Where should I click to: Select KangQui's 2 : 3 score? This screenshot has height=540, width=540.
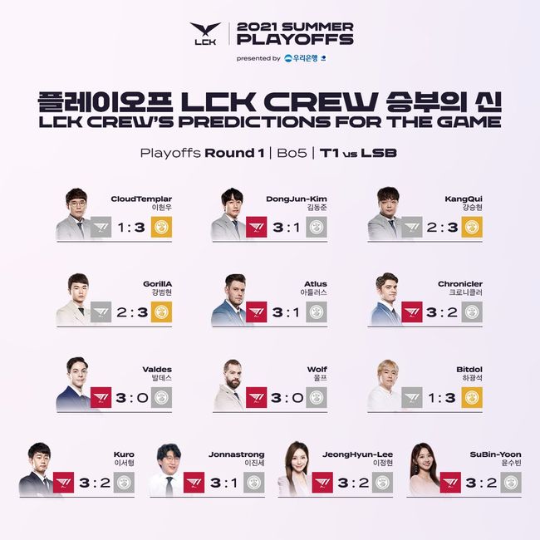click(x=442, y=227)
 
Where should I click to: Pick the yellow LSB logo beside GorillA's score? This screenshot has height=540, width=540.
click(x=161, y=312)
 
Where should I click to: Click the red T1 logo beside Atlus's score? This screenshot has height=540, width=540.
click(x=257, y=312)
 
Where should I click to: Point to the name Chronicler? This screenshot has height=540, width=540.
click(x=461, y=283)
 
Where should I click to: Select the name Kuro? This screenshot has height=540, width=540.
click(x=123, y=454)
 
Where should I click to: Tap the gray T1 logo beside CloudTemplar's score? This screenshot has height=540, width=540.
click(x=101, y=227)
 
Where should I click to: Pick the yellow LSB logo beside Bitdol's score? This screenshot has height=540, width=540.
click(x=471, y=397)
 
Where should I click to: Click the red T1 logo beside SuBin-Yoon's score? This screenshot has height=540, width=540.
click(x=452, y=483)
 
